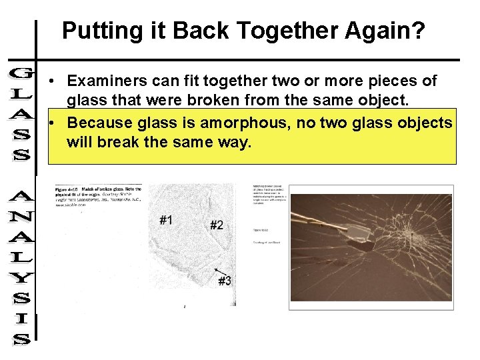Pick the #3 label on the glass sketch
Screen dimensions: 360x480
pos(225,281)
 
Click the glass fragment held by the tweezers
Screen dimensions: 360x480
pos(359,233)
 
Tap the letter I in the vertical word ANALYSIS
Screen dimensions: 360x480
pos(20,320)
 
